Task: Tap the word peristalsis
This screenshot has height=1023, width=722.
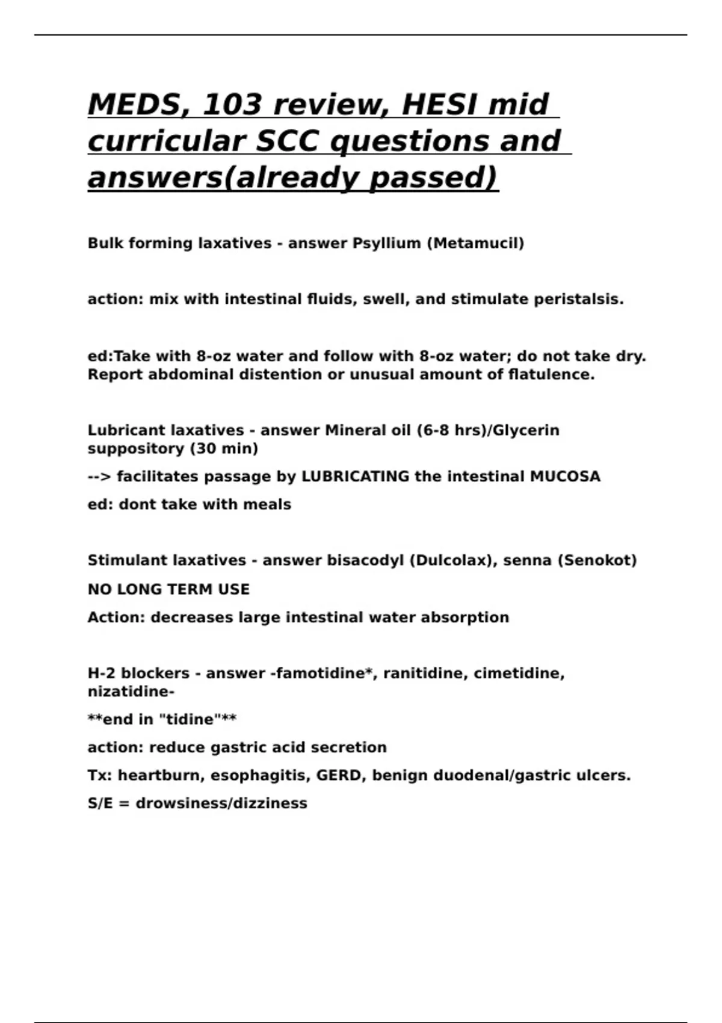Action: pyautogui.click(x=579, y=299)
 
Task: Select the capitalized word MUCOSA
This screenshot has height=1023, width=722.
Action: pyautogui.click(x=565, y=477)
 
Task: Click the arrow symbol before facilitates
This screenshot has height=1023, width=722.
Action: pyautogui.click(x=99, y=477)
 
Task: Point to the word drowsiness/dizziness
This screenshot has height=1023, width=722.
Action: pyautogui.click(x=221, y=803)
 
